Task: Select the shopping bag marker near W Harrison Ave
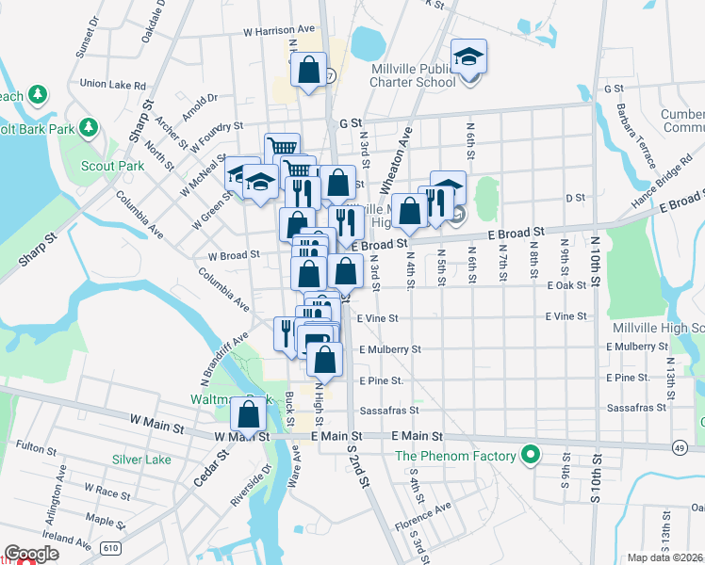[308, 71]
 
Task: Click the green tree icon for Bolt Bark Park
[89, 126]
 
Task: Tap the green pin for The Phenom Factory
[531, 457]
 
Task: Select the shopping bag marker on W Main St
[249, 414]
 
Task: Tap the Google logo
[31, 553]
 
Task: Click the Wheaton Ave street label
[402, 156]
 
